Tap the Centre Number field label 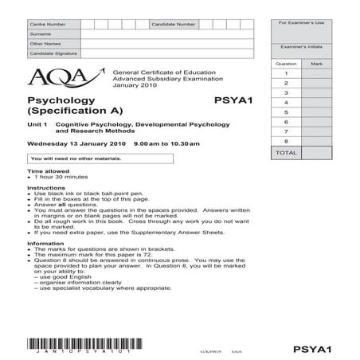pyautogui.click(x=45, y=25)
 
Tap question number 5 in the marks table pyautogui.click(x=285, y=112)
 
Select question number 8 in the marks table pyautogui.click(x=285, y=140)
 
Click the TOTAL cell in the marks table pyautogui.click(x=285, y=151)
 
